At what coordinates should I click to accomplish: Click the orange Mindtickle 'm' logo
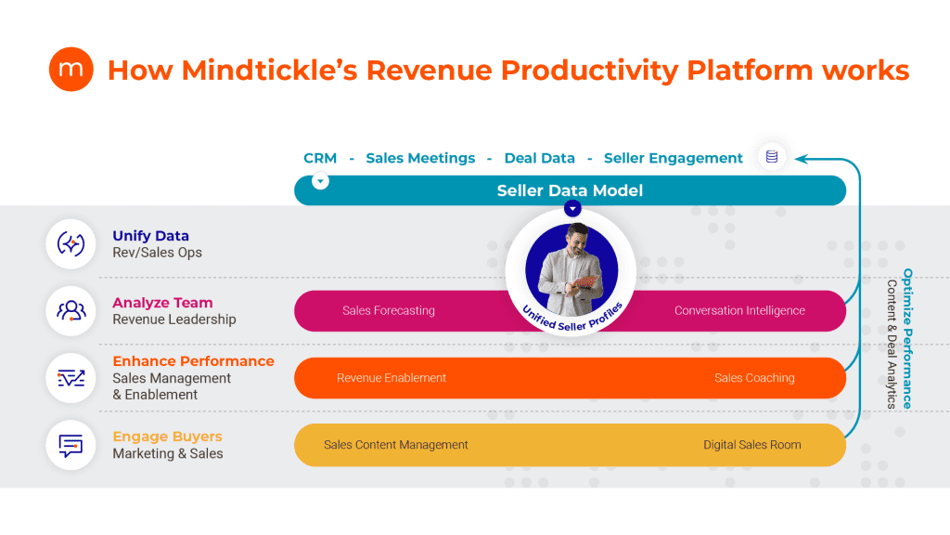(71, 69)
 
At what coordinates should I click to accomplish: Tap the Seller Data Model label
(570, 190)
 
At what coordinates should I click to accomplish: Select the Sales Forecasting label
(389, 310)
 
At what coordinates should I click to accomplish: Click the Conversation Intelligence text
(739, 310)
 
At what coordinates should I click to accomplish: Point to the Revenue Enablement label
(392, 378)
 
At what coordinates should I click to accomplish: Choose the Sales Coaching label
(754, 378)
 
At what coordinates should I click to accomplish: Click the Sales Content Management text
(395, 445)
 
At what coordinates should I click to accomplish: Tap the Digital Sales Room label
(751, 445)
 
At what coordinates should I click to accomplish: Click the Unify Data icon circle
(71, 244)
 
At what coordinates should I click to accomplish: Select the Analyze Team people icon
(71, 310)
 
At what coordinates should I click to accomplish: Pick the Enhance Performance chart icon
(71, 378)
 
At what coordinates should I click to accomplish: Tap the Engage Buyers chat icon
(71, 445)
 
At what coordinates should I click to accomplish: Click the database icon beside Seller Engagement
(772, 156)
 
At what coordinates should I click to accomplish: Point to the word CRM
(320, 158)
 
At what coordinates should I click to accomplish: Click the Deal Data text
(539, 158)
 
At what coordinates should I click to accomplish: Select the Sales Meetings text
(420, 158)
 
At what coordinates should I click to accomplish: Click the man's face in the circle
(575, 241)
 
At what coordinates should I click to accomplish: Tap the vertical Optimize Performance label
(907, 338)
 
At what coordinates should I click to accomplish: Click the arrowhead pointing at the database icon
(801, 159)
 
